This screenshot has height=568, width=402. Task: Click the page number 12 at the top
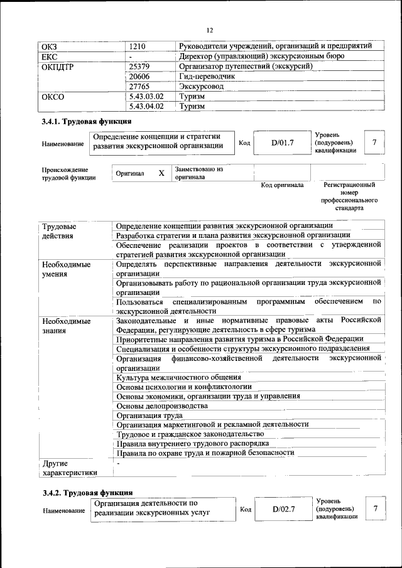(x=210, y=30)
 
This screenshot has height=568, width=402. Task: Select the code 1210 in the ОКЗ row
(x=138, y=46)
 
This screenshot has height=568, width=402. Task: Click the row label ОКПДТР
(x=58, y=67)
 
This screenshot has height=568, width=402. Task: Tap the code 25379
(x=139, y=66)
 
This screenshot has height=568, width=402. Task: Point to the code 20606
(x=139, y=76)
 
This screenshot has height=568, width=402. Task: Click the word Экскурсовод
(x=201, y=86)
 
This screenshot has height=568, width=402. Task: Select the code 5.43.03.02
(x=146, y=97)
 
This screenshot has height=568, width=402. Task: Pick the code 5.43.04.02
(x=146, y=107)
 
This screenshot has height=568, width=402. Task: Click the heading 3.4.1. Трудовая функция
(x=86, y=122)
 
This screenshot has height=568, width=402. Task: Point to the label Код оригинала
(x=282, y=185)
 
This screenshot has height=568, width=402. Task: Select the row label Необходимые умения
(x=66, y=269)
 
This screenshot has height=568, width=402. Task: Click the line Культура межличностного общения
(x=179, y=377)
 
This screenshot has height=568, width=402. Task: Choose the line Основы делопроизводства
(x=162, y=405)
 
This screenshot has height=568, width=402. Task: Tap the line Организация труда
(x=149, y=415)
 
